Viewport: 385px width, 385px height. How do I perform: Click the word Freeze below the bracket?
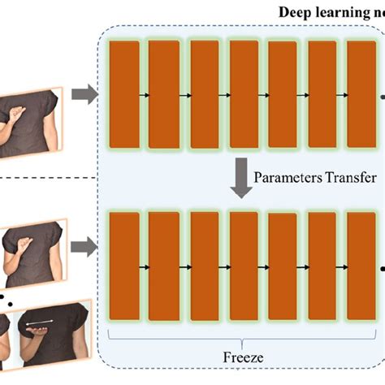click(x=242, y=356)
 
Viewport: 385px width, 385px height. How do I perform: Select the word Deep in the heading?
click(x=299, y=11)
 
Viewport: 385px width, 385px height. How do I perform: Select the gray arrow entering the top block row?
click(x=83, y=97)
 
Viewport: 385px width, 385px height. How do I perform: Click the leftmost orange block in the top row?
click(x=124, y=95)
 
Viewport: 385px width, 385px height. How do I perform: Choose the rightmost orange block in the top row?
click(x=361, y=95)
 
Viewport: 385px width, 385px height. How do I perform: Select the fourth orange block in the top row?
click(x=244, y=95)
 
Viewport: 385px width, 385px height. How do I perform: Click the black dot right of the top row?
click(x=382, y=96)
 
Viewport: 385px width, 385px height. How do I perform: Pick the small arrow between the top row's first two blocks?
click(x=144, y=96)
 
